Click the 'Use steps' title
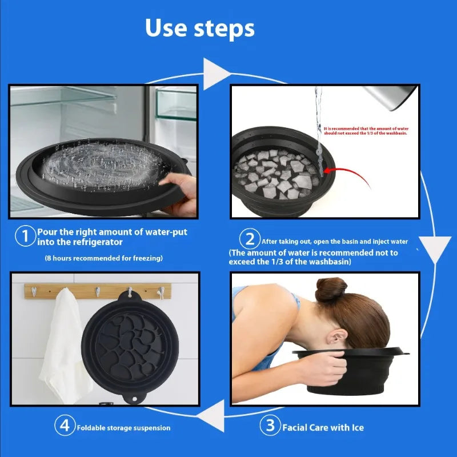199,28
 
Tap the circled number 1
25,236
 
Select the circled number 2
250,239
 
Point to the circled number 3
270,425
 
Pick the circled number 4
65,425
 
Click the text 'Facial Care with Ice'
323,427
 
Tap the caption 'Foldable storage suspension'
123,428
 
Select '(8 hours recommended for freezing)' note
104,258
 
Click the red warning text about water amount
366,131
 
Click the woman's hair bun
331,289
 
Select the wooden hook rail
98,291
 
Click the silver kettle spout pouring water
391,98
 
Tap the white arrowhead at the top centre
215,74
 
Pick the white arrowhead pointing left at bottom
212,415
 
